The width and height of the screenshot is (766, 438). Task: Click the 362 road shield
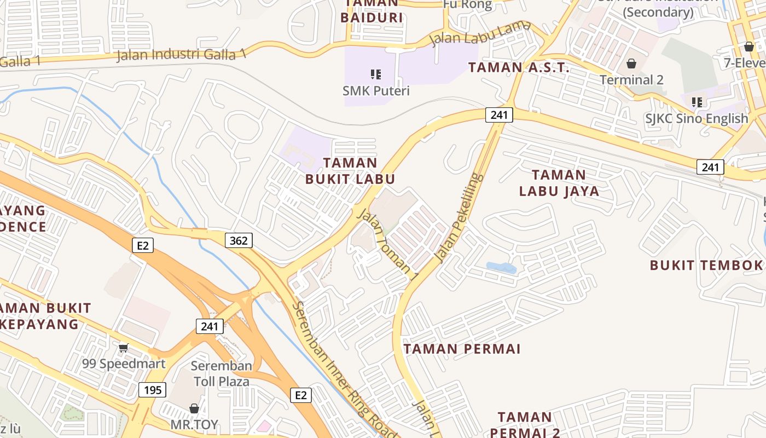coord(239,240)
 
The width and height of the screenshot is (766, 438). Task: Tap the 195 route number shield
coord(153,390)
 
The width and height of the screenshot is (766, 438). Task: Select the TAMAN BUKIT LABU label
coord(350,171)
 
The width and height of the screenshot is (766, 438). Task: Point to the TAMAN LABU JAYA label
coord(559,183)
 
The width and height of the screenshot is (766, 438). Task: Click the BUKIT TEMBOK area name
coord(706,266)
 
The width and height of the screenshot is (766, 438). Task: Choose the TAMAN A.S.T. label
coord(519,68)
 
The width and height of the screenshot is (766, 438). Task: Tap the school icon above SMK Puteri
coord(376,74)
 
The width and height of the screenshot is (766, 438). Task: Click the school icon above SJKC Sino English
coord(697,102)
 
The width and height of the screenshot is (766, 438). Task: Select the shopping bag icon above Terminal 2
coord(631,64)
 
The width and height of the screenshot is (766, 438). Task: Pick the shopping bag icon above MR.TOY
coord(194,408)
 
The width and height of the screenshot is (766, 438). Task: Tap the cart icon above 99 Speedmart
coord(124,347)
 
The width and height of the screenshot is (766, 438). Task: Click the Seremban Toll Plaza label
coord(221,373)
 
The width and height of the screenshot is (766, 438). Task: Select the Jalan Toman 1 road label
coord(387,246)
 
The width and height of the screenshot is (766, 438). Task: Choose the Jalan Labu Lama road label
coord(480,33)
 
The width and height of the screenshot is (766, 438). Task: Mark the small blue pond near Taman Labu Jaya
coord(501,268)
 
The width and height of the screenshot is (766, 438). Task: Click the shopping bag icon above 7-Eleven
coord(749,47)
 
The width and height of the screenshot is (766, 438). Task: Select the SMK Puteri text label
coord(376,90)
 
